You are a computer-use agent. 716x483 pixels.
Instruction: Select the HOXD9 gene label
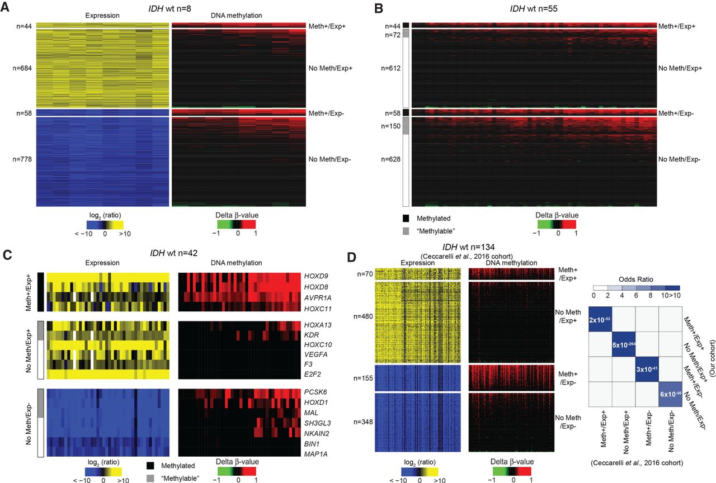(x=316, y=276)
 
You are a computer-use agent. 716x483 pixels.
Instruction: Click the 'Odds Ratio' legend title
(x=636, y=280)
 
